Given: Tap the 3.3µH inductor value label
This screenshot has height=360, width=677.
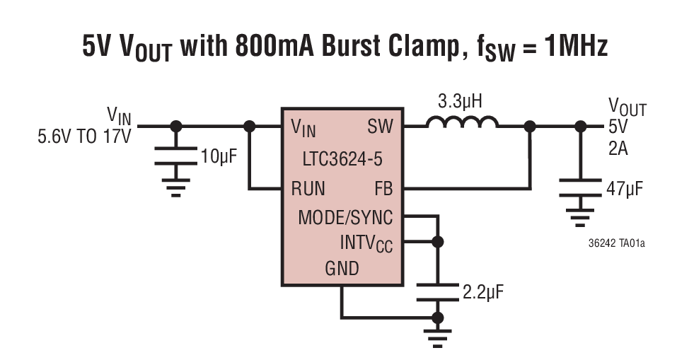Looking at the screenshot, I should [460, 102].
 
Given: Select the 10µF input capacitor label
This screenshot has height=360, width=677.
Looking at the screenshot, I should [219, 156].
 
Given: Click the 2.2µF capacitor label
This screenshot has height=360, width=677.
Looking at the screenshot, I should [482, 291].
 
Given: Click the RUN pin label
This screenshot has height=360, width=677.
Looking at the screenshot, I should [308, 189].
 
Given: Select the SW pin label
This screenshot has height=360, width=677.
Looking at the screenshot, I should [380, 127].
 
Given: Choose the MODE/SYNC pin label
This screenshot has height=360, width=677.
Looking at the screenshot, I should [345, 217].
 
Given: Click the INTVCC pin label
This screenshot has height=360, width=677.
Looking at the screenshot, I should [366, 243].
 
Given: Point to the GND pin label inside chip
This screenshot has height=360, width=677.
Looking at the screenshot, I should [342, 269].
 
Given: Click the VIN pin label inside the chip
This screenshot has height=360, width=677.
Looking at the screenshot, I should [303, 128].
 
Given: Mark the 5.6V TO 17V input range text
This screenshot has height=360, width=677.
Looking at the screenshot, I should [84, 137].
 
